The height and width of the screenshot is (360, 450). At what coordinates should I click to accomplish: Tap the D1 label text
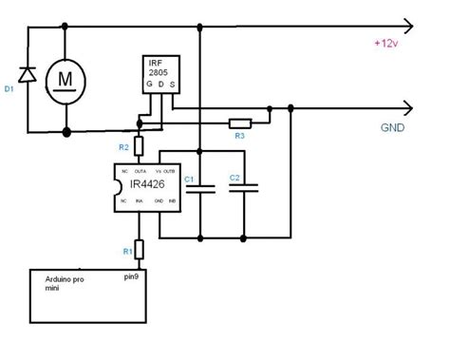(9, 91)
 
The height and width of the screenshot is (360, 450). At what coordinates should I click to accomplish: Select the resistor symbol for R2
(139, 145)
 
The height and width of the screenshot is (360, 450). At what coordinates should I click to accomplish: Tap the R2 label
(122, 147)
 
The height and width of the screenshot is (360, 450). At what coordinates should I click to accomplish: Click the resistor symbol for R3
(239, 123)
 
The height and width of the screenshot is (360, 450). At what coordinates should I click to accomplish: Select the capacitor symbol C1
(201, 188)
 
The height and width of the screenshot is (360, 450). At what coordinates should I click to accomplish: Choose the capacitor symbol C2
(244, 188)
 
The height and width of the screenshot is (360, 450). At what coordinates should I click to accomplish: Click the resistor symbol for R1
(139, 250)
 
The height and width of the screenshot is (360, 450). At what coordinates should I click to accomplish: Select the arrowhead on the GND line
(408, 108)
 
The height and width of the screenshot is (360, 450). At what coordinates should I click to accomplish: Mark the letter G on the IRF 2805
(148, 84)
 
